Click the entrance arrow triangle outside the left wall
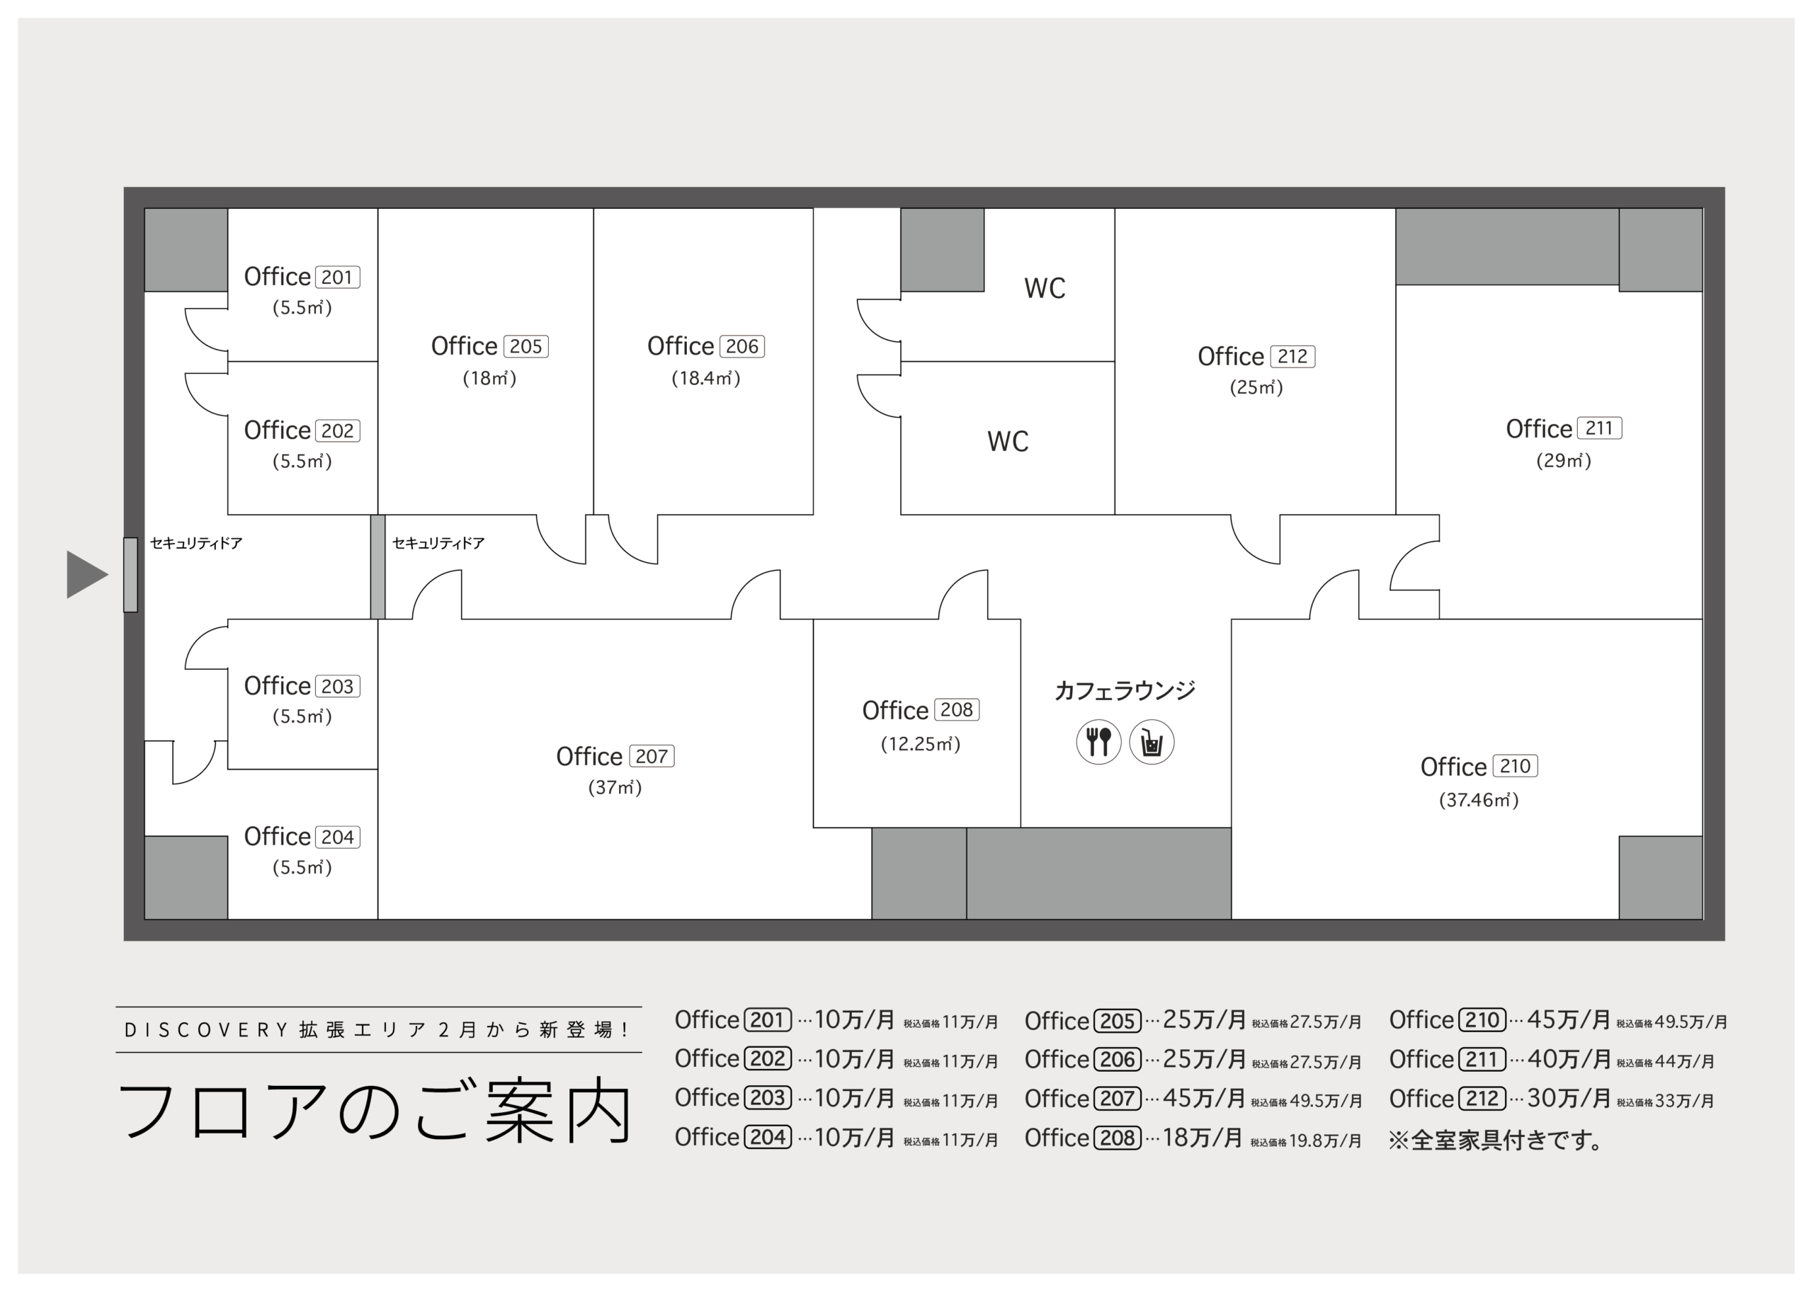click(x=84, y=574)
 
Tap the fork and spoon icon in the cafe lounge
click(x=1098, y=742)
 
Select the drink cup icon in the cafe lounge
click(x=1152, y=742)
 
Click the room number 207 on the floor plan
click(x=652, y=757)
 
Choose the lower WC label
click(x=1008, y=442)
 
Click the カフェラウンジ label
click(x=1125, y=690)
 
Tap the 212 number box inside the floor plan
click(x=1292, y=356)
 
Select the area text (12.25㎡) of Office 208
click(x=920, y=745)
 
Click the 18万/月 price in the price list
click(x=1202, y=1138)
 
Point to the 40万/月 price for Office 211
click(x=1569, y=1059)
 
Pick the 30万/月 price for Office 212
click(x=1569, y=1098)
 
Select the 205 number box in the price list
click(x=1118, y=1021)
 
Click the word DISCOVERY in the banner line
click(x=206, y=1030)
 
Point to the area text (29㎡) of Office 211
click(x=1563, y=461)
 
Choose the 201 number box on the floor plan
click(x=337, y=277)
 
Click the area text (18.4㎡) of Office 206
click(x=706, y=378)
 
